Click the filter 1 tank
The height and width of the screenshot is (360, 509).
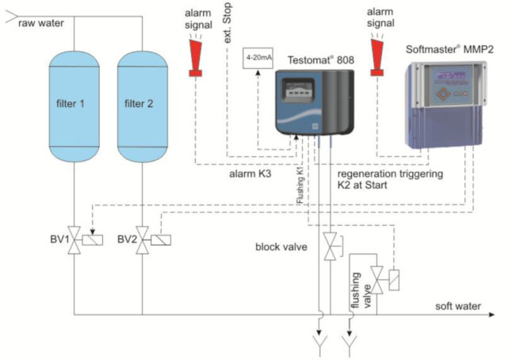click(74, 106)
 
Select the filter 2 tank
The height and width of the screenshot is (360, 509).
click(142, 106)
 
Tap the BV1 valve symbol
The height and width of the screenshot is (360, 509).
click(75, 240)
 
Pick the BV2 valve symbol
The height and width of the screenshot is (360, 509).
click(143, 240)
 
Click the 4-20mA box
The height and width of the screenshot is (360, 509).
click(258, 58)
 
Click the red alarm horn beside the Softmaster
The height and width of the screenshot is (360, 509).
click(377, 57)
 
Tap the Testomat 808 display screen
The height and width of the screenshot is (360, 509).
click(297, 90)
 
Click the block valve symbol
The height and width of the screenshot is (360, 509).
click(330, 247)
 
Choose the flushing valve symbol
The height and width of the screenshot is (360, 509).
click(377, 280)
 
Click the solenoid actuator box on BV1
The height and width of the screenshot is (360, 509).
click(93, 240)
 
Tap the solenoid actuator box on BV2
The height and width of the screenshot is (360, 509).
click(161, 240)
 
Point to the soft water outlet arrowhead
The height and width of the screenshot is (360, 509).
click(492, 315)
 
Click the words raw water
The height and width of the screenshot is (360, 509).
click(41, 23)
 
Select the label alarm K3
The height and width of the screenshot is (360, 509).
click(251, 174)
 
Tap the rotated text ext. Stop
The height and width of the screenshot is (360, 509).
click(228, 23)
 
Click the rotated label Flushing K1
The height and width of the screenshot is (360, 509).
click(300, 185)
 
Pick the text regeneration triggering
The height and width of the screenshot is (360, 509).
click(390, 174)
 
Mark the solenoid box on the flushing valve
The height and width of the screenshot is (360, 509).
click(394, 280)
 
